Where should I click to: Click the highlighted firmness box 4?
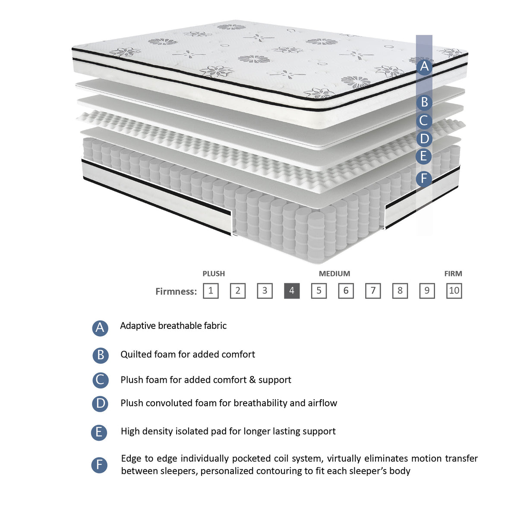click(x=292, y=290)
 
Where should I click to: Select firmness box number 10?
click(x=454, y=290)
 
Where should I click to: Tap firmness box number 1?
click(x=211, y=290)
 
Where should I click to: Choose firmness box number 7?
click(x=373, y=290)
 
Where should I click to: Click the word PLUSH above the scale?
click(x=214, y=274)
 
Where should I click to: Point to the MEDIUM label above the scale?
click(x=334, y=274)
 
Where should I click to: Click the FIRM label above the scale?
click(x=453, y=274)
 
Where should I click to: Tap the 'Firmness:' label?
click(x=176, y=291)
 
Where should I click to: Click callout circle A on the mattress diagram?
click(x=424, y=67)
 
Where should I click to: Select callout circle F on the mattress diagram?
click(x=424, y=178)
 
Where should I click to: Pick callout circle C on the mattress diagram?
click(x=424, y=121)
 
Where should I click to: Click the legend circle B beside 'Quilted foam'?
click(x=100, y=355)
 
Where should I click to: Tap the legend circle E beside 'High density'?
click(x=99, y=432)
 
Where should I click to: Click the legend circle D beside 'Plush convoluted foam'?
click(x=100, y=404)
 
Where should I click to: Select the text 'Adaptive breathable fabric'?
click(x=173, y=326)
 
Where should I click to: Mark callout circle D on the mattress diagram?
click(x=424, y=139)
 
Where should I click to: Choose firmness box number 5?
click(x=319, y=290)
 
